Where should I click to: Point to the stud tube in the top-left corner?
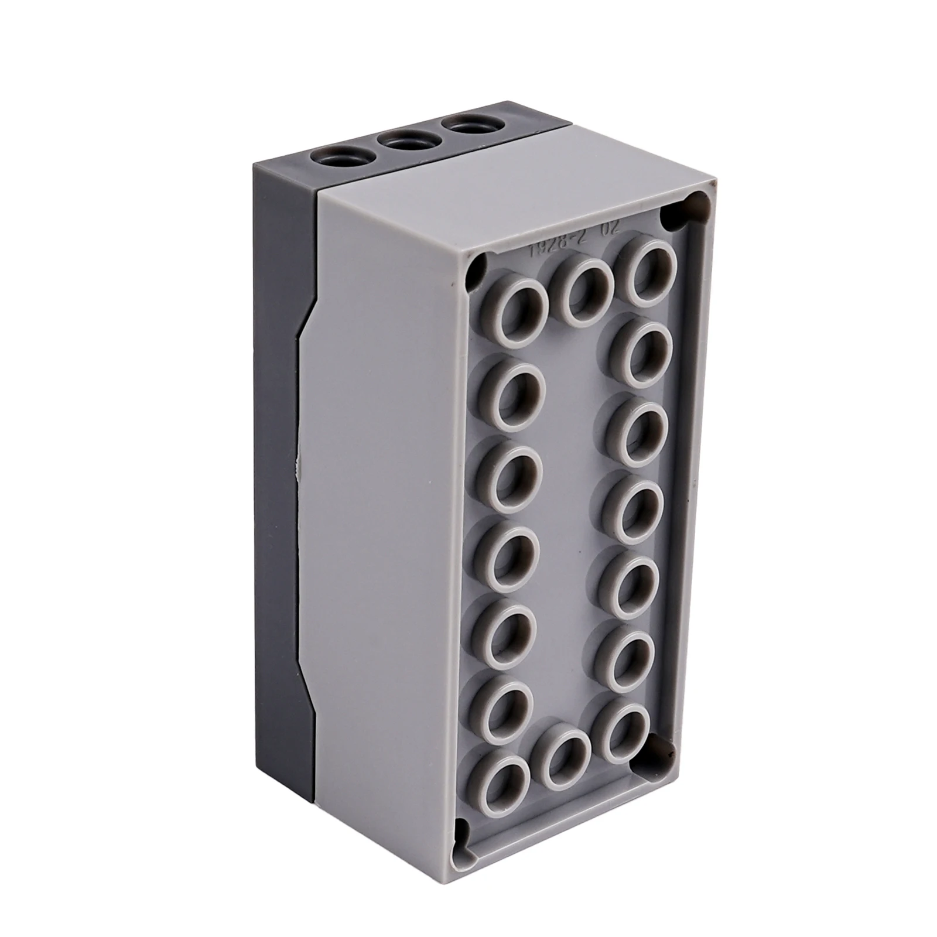point(521,306)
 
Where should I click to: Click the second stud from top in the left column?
point(512,391)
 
